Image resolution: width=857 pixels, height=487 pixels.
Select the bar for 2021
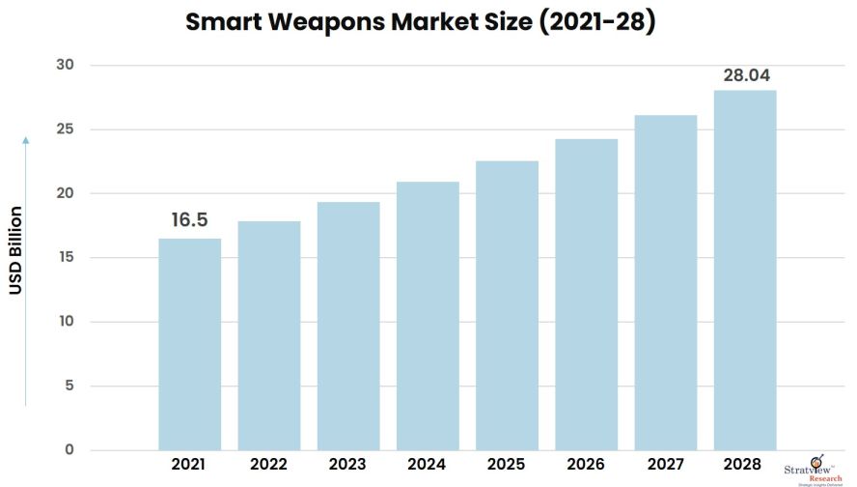point(189,344)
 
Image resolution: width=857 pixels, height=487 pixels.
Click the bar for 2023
point(348,326)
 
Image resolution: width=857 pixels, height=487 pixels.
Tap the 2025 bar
point(507,305)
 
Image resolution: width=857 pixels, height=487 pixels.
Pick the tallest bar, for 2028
point(745,270)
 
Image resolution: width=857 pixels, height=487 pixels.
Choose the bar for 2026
point(586,295)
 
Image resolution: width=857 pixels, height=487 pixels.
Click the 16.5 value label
point(189,220)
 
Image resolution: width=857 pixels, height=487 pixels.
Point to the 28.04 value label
point(745,75)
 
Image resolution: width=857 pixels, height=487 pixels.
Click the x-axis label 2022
point(269,465)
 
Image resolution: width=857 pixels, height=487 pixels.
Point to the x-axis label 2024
point(428,465)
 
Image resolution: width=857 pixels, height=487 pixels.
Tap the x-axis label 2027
point(666,465)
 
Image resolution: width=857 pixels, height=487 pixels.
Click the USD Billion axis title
point(16,250)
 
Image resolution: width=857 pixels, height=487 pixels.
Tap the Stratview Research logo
point(814,466)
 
